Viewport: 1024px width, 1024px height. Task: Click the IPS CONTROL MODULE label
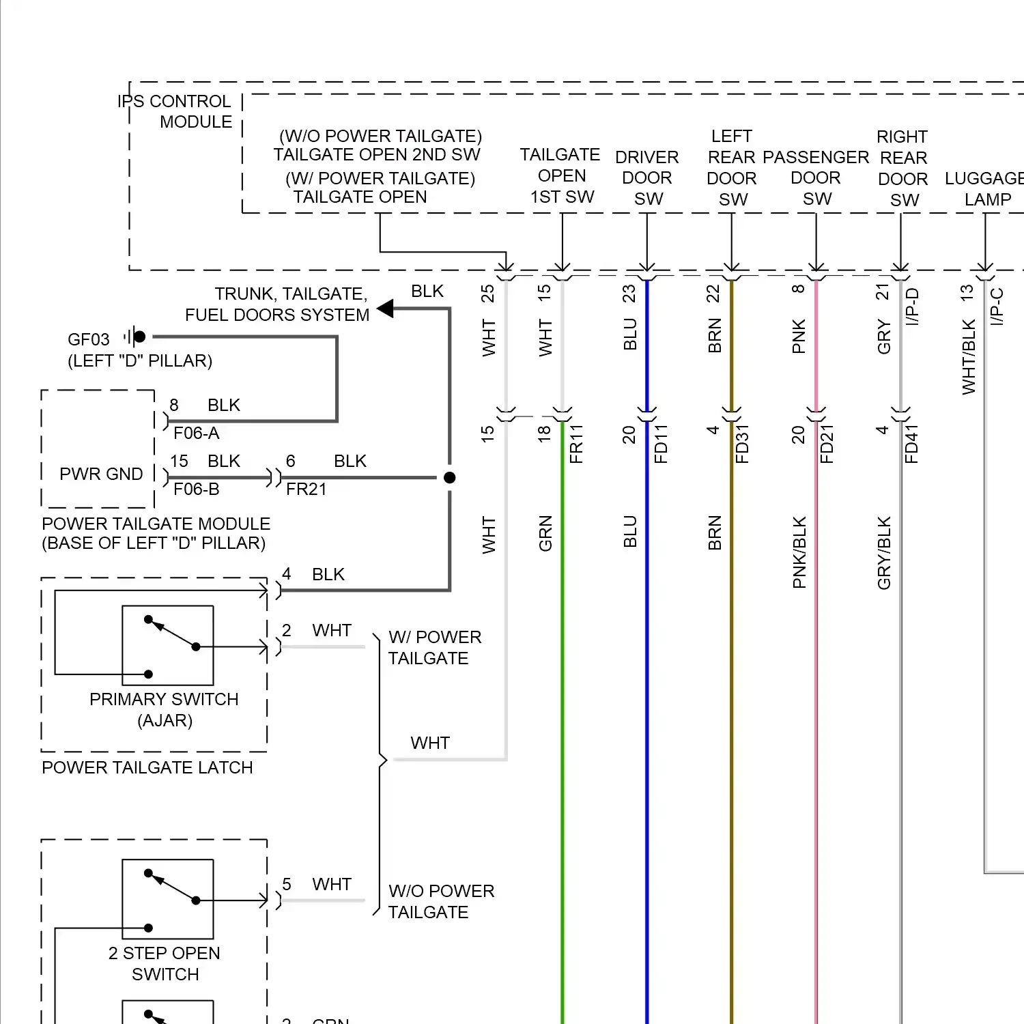(x=175, y=111)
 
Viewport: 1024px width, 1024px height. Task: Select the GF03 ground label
(x=89, y=339)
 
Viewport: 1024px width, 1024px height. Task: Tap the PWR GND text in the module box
(x=101, y=474)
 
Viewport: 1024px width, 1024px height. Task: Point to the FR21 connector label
(x=306, y=489)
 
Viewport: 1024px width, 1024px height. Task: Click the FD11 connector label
(x=661, y=444)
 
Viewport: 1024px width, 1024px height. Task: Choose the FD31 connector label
(x=743, y=444)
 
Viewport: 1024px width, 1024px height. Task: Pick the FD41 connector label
(x=911, y=444)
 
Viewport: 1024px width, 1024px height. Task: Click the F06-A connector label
(x=197, y=433)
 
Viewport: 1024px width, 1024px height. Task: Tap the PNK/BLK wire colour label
(x=799, y=552)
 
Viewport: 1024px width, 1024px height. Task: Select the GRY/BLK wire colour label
(x=884, y=552)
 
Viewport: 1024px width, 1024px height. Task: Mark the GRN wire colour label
(x=545, y=533)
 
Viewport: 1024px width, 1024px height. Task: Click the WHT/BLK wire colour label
(x=969, y=356)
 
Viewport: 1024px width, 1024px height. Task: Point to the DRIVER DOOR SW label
(x=647, y=177)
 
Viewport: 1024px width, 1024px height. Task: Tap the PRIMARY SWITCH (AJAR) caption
(x=165, y=709)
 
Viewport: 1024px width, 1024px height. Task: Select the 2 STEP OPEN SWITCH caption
(x=165, y=963)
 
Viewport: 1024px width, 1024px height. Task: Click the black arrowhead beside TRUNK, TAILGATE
(x=386, y=309)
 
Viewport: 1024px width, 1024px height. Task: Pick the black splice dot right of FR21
(x=449, y=478)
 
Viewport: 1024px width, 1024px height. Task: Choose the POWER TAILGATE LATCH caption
(x=147, y=768)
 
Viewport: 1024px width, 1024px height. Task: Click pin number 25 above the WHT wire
(x=487, y=294)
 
